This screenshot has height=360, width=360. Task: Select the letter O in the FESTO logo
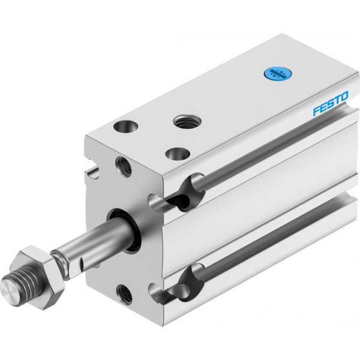pos(344,96)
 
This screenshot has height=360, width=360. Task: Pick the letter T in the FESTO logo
pos(337,100)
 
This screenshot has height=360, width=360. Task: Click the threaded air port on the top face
pos(187,121)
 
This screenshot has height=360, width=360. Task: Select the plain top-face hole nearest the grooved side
pos(178,154)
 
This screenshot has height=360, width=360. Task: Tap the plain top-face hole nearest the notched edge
pos(125,126)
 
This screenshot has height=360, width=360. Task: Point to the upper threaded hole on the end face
pos(124,167)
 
